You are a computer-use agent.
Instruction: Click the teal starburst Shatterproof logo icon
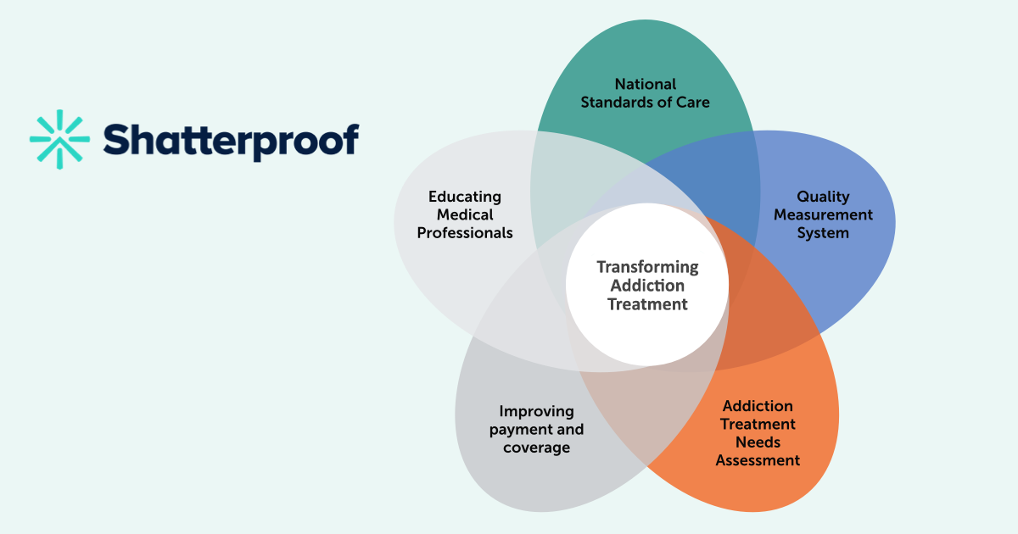(x=59, y=139)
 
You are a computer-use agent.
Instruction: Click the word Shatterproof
(x=232, y=142)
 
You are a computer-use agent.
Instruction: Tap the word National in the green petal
(x=646, y=84)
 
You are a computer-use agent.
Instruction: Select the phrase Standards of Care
(x=646, y=103)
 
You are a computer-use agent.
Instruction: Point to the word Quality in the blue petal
(x=823, y=197)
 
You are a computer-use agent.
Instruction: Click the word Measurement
(x=823, y=214)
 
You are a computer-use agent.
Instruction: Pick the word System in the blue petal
(x=823, y=233)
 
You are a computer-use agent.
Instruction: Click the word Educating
(x=465, y=197)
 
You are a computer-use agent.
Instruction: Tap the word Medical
(x=465, y=214)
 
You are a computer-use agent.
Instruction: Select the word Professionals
(x=465, y=233)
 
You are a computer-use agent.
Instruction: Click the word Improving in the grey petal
(x=536, y=412)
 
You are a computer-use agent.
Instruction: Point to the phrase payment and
(x=536, y=430)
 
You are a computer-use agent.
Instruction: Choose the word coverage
(x=536, y=448)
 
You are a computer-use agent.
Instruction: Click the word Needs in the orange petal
(x=758, y=442)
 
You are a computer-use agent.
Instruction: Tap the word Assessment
(x=758, y=460)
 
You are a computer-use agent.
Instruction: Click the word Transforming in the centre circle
(x=647, y=268)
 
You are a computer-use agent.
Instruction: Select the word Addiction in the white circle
(x=647, y=286)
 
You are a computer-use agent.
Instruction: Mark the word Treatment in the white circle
(x=647, y=304)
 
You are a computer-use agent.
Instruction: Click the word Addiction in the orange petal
(x=758, y=406)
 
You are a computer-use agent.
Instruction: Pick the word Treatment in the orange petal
(x=758, y=424)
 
